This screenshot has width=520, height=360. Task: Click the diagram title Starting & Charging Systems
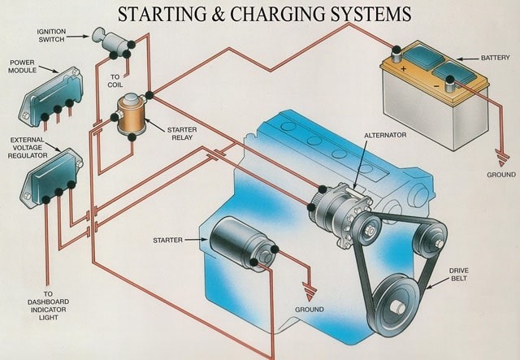pos(264,14)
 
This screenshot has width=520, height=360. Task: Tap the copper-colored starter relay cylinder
pos(129,114)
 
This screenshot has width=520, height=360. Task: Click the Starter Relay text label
pos(181,133)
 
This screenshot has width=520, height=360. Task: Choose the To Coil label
pos(115,80)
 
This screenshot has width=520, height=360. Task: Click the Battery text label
pos(495,58)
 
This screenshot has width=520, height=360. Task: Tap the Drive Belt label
pos(459,274)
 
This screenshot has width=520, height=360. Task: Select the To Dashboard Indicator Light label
pos(48,306)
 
